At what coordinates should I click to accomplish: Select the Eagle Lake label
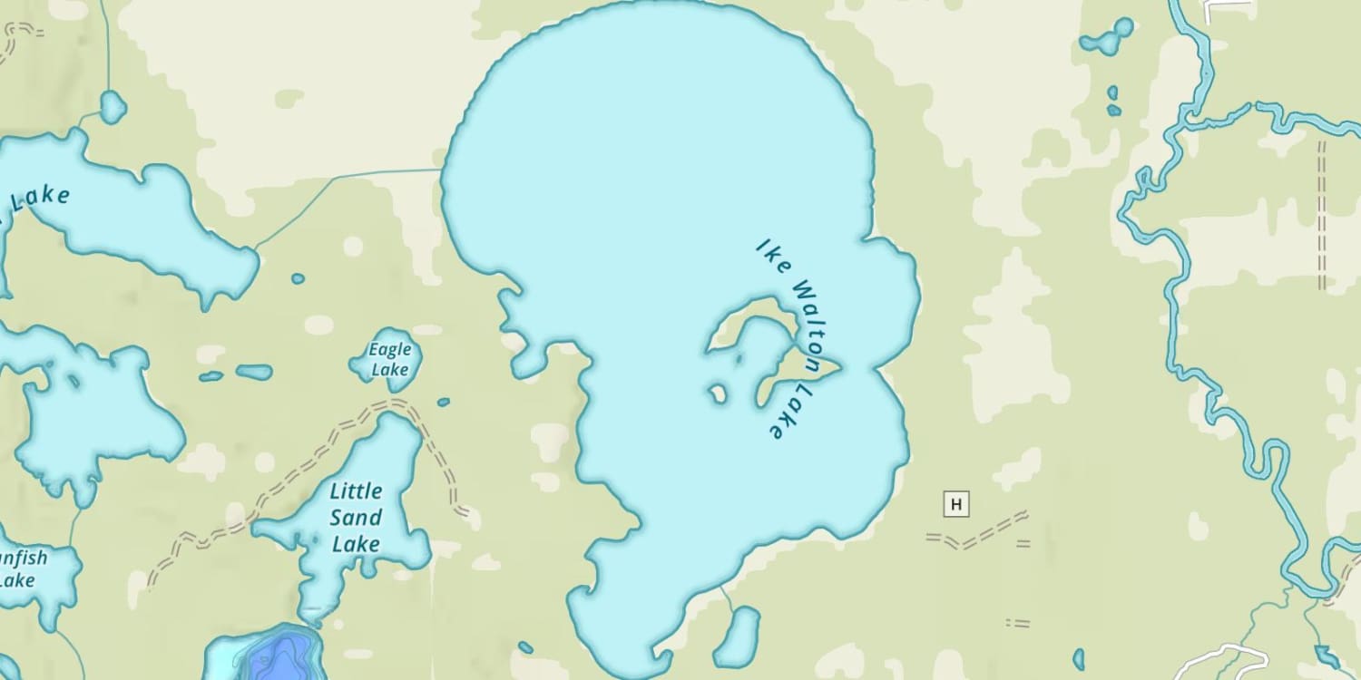(x=390, y=359)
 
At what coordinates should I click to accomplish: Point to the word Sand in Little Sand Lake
(x=356, y=518)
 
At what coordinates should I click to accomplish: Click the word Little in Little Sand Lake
(x=356, y=491)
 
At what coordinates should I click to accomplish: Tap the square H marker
(x=955, y=503)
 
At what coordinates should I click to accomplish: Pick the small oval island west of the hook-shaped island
(x=718, y=393)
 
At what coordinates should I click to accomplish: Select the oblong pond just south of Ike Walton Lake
(x=737, y=636)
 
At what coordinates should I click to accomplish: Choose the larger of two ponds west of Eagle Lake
(x=254, y=372)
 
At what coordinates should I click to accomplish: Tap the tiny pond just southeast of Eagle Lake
(x=443, y=402)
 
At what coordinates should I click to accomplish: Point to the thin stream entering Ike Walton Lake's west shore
(x=363, y=174)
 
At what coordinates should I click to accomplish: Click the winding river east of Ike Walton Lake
(x=1180, y=272)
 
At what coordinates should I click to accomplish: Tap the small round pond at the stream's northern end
(x=113, y=107)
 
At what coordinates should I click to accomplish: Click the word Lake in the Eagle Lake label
(x=390, y=370)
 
